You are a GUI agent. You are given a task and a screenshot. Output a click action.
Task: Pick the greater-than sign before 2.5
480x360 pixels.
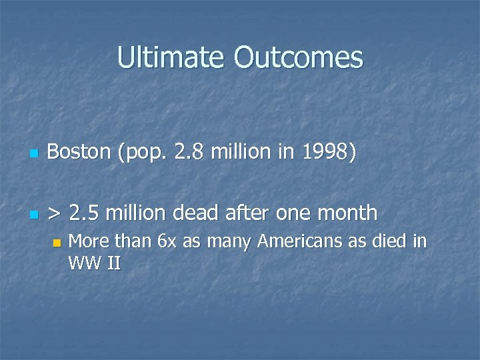pos(55,214)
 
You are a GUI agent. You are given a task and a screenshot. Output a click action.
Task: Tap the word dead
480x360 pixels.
pos(196,214)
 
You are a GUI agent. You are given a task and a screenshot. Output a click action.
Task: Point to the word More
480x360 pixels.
pos(85,242)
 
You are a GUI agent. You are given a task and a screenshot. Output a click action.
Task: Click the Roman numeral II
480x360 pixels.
pos(113,263)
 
